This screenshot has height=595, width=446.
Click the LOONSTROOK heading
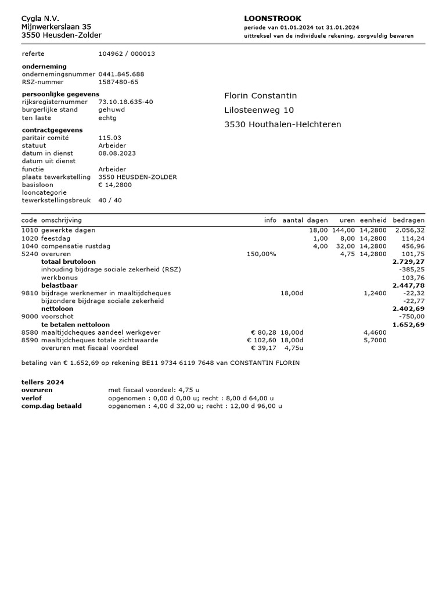272,19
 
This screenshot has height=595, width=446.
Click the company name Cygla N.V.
40,19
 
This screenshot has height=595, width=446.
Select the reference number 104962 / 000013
127,53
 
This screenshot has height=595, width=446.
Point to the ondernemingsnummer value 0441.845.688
121,74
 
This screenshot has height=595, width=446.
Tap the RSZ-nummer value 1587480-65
118,82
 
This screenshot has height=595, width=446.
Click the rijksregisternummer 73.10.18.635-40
125,102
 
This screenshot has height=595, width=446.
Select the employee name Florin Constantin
261,95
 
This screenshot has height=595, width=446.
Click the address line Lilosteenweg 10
259,110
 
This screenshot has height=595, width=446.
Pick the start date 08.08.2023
117,153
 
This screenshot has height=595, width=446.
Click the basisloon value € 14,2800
115,185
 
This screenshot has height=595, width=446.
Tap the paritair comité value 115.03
110,138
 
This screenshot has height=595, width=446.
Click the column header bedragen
408,220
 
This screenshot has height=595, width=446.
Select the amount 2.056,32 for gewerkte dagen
410,230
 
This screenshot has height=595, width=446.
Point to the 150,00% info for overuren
261,254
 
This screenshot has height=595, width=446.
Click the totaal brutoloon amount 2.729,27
408,262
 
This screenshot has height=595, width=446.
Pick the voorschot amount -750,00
412,317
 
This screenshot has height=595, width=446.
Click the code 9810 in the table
29,293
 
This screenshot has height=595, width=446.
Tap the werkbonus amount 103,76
413,278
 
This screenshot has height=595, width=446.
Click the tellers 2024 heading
43,382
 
